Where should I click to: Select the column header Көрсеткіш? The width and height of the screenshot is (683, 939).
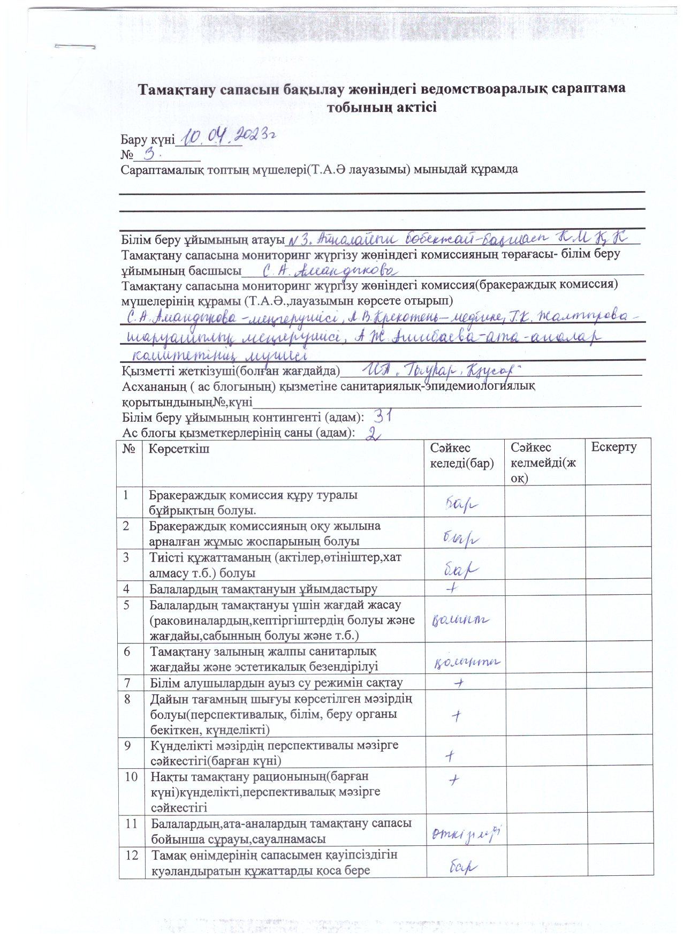(x=179, y=449)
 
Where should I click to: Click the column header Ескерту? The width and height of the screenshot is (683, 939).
(x=613, y=448)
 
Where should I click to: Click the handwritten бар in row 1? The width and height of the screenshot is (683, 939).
(x=461, y=503)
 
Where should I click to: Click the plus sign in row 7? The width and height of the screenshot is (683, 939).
(x=458, y=683)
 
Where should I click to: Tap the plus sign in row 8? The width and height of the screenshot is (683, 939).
(x=456, y=716)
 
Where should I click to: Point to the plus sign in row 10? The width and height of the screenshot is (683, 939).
(x=453, y=779)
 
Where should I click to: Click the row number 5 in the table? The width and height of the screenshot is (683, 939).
(x=127, y=605)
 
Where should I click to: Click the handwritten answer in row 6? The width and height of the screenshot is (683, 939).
(x=466, y=663)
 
